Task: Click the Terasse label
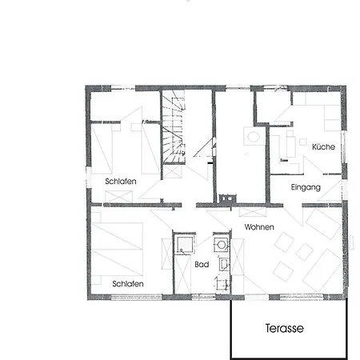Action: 285,328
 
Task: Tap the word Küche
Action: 323,146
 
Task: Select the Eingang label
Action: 306,187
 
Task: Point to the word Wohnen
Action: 259,227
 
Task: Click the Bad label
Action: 202,265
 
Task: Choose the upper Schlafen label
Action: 121,182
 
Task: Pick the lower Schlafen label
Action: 128,284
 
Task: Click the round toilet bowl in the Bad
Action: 221,244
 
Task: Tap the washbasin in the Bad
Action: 224,264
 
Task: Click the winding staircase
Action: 174,126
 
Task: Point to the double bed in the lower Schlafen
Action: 117,249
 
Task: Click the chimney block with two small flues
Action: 227,198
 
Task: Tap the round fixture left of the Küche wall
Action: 253,137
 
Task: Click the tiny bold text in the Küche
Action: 284,161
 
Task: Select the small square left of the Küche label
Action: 302,142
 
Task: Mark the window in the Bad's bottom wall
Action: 203,296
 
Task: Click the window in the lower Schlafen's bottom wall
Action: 136,296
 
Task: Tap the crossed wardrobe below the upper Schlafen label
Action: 119,197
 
